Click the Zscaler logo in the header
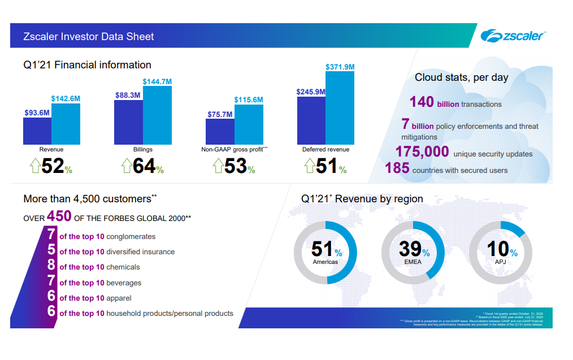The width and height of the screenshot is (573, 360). tap(513, 36)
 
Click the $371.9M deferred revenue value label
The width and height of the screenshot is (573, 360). tap(340, 67)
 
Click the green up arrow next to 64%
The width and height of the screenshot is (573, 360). tap(127, 166)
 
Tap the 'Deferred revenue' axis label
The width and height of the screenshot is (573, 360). tap(325, 150)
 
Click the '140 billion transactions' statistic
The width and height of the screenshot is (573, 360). tap(455, 102)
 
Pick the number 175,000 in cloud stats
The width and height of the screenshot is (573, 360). tap(422, 152)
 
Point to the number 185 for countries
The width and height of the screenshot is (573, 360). tap(397, 168)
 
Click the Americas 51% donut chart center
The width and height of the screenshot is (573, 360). tap(325, 252)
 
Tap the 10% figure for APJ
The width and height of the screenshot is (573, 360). tap(500, 250)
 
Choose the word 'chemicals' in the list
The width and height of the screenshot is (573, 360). tap(123, 267)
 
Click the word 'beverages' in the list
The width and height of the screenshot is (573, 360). tap(124, 283)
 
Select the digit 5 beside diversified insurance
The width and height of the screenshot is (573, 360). tap(51, 250)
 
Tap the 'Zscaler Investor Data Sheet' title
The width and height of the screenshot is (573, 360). tap(89, 37)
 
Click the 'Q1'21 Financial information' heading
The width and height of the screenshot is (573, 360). tap(87, 65)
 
